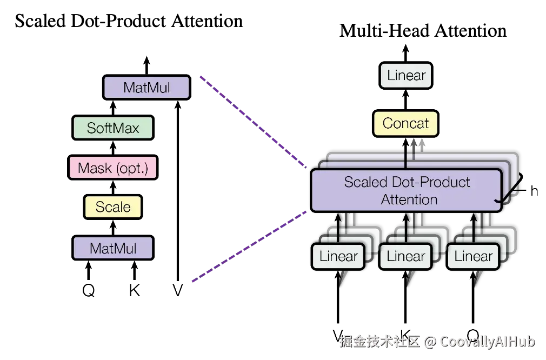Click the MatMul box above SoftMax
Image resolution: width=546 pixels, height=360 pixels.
(x=147, y=87)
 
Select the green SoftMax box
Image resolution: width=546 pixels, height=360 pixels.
(x=113, y=128)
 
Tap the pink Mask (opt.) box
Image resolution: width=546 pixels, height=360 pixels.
(x=113, y=168)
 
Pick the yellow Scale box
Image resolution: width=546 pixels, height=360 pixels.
(x=113, y=207)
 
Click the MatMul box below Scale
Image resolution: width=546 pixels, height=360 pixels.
(x=113, y=248)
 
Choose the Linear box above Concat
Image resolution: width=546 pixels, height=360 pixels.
(x=406, y=76)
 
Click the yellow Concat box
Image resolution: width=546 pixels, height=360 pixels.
(x=405, y=124)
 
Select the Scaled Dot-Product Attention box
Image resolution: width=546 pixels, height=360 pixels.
(x=407, y=190)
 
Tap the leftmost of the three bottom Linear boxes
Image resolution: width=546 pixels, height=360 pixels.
(x=338, y=256)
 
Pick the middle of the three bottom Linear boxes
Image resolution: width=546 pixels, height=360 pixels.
(x=406, y=256)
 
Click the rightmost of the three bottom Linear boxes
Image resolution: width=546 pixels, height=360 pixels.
(x=474, y=256)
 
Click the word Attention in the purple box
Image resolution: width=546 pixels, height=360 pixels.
(x=409, y=199)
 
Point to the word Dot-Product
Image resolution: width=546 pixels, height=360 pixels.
(x=430, y=182)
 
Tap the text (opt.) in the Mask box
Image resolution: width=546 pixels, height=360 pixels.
(x=134, y=168)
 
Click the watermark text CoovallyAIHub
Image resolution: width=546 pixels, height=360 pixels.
(x=487, y=341)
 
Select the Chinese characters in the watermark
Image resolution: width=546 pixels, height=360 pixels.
(x=379, y=341)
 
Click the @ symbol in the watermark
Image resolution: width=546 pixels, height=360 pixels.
(x=430, y=342)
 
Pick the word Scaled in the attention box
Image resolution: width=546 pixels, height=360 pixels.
(x=364, y=182)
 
